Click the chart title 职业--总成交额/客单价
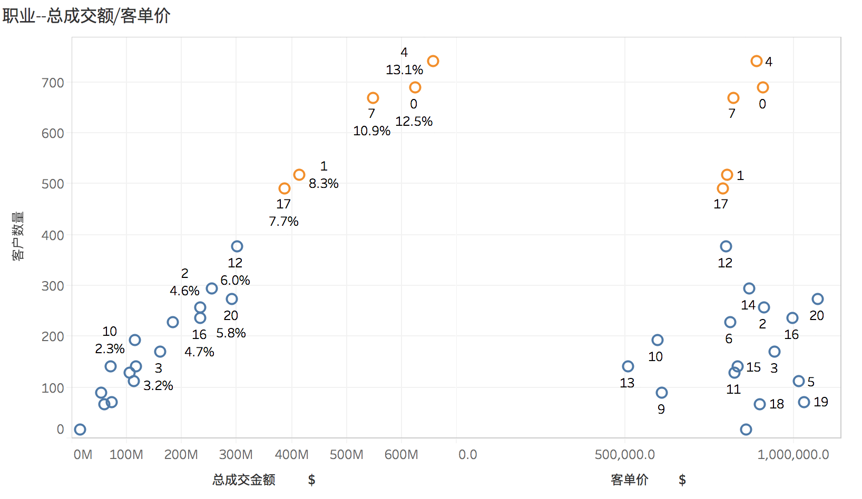point(86,16)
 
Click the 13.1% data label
point(405,70)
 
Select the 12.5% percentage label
point(414,122)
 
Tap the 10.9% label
point(372,131)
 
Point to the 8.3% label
point(324,184)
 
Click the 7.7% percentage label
point(283,222)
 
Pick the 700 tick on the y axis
point(53,83)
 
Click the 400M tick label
point(292,455)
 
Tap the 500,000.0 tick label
point(624,455)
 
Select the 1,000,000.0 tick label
point(793,455)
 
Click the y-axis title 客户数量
point(18,236)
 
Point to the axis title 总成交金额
point(243,480)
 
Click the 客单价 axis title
point(630,480)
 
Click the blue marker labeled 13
point(628,366)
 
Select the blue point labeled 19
point(804,402)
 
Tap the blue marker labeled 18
point(760,404)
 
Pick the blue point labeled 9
point(661,393)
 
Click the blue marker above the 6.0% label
point(237,246)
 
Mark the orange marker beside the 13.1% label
point(433,61)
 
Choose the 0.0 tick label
point(467,455)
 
